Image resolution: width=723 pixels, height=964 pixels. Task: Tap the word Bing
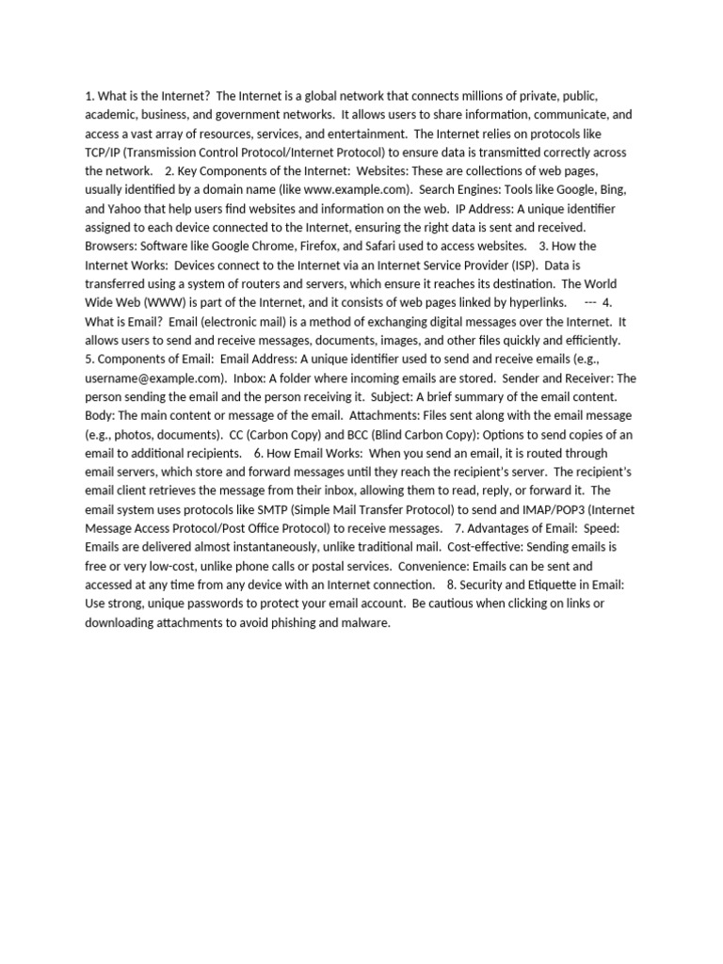613,189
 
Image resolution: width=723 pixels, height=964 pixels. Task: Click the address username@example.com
152,378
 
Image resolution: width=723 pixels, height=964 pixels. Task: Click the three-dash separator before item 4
590,302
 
